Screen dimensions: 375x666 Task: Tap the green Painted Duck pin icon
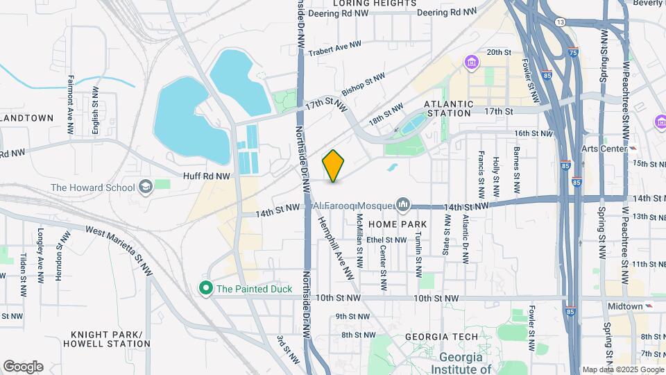coord(205,288)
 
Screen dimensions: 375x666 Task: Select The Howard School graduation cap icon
coord(146,187)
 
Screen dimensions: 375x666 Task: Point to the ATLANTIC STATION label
coord(450,108)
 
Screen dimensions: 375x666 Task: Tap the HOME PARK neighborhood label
coord(393,224)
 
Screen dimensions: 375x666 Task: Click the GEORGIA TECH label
coord(442,337)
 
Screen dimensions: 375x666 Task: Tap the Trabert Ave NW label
coord(335,47)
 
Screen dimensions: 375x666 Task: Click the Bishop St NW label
coord(363,87)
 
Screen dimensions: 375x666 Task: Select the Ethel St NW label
coord(386,239)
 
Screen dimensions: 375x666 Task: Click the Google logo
coord(23,367)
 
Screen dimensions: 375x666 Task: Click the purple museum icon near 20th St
coord(472,64)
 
